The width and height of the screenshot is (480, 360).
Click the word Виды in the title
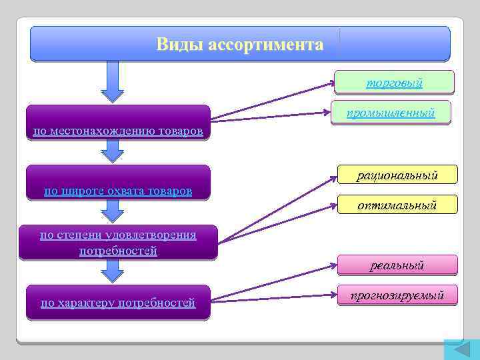pyautogui.click(x=179, y=45)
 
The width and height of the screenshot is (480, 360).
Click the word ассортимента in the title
pyautogui.click(x=265, y=45)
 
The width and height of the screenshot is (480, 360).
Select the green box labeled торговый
pyautogui.click(x=395, y=83)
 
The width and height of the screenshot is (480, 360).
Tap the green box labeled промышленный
pyautogui.click(x=391, y=113)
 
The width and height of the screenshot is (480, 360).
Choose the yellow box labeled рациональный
pyautogui.click(x=397, y=175)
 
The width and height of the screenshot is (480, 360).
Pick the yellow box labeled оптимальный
pyautogui.click(x=397, y=206)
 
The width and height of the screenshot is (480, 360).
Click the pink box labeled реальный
pyautogui.click(x=397, y=265)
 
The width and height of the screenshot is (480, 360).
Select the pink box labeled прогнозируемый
pyautogui.click(x=397, y=295)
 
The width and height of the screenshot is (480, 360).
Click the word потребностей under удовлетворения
pyautogui.click(x=118, y=251)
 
